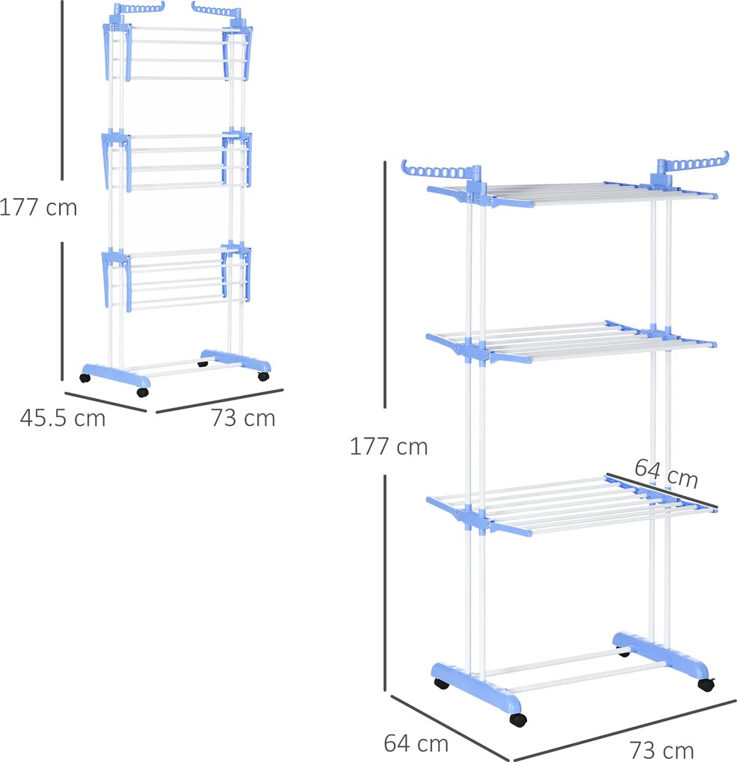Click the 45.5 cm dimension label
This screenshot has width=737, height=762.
pos(63,418)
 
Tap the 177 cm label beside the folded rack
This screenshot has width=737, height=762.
pos(38,208)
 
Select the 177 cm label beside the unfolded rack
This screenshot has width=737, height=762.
pos(389,447)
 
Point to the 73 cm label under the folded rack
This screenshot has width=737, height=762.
pos(243,418)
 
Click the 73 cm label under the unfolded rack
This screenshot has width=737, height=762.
pos(662,751)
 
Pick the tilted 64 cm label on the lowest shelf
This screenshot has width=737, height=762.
pos(667,473)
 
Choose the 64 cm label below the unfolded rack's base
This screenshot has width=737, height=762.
pos(416,743)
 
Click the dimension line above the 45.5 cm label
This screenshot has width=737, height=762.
pos(105,402)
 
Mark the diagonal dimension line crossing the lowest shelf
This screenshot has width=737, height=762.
pos(662,491)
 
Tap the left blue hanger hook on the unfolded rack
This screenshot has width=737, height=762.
pos(437,171)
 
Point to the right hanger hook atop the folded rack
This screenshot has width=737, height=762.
pos(216,9)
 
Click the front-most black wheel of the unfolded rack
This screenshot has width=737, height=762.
pos(518,719)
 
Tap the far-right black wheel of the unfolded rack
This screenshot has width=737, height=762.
pos(706,685)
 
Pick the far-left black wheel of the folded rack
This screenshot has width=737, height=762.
pos(85,377)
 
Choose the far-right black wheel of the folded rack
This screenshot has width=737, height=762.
pos(264,376)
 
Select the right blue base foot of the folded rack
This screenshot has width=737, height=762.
pos(235,360)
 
